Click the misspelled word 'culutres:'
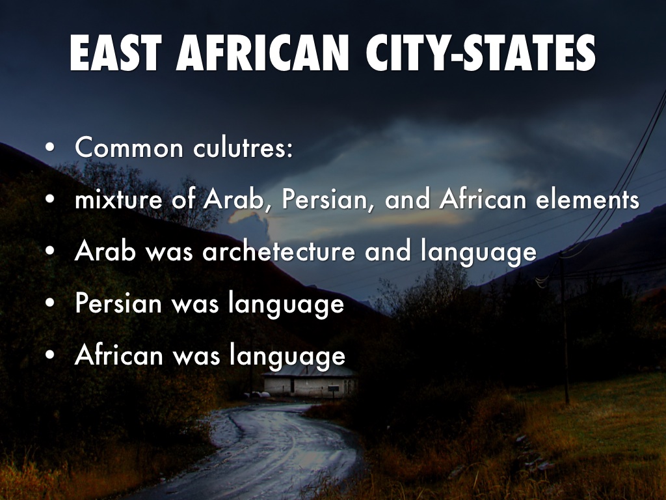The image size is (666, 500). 243,148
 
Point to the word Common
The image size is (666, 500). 129,148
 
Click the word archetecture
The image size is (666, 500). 279,252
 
